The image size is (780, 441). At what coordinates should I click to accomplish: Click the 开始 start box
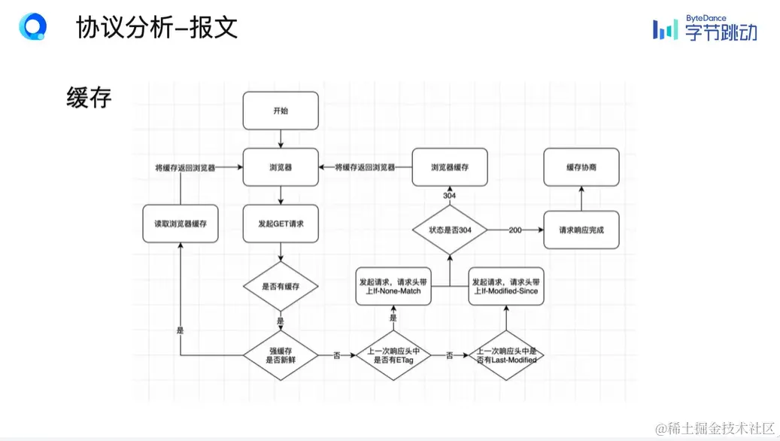click(x=281, y=111)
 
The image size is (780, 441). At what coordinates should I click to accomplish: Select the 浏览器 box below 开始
click(x=281, y=167)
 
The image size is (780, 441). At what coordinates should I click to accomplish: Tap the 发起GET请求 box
click(x=281, y=224)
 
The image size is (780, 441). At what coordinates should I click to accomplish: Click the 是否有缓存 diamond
click(x=281, y=287)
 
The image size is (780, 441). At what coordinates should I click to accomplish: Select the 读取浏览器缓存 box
click(x=181, y=224)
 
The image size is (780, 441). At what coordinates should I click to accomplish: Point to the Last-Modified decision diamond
click(x=506, y=355)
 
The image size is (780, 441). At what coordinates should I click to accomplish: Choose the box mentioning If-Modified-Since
click(x=505, y=286)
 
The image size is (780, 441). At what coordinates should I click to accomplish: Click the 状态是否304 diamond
click(x=449, y=230)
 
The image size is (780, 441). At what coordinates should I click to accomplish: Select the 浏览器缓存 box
click(x=450, y=167)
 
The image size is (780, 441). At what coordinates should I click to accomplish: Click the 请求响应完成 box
click(x=581, y=230)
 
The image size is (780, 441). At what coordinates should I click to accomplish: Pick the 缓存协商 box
click(x=581, y=167)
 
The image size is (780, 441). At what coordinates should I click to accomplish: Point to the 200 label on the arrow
click(x=515, y=230)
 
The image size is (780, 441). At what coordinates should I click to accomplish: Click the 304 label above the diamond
click(x=449, y=196)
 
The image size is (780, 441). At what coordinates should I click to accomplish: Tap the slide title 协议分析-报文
click(x=157, y=28)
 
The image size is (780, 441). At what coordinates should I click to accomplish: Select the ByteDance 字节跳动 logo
click(x=705, y=28)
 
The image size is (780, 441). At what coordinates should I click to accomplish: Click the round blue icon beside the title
click(x=32, y=27)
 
